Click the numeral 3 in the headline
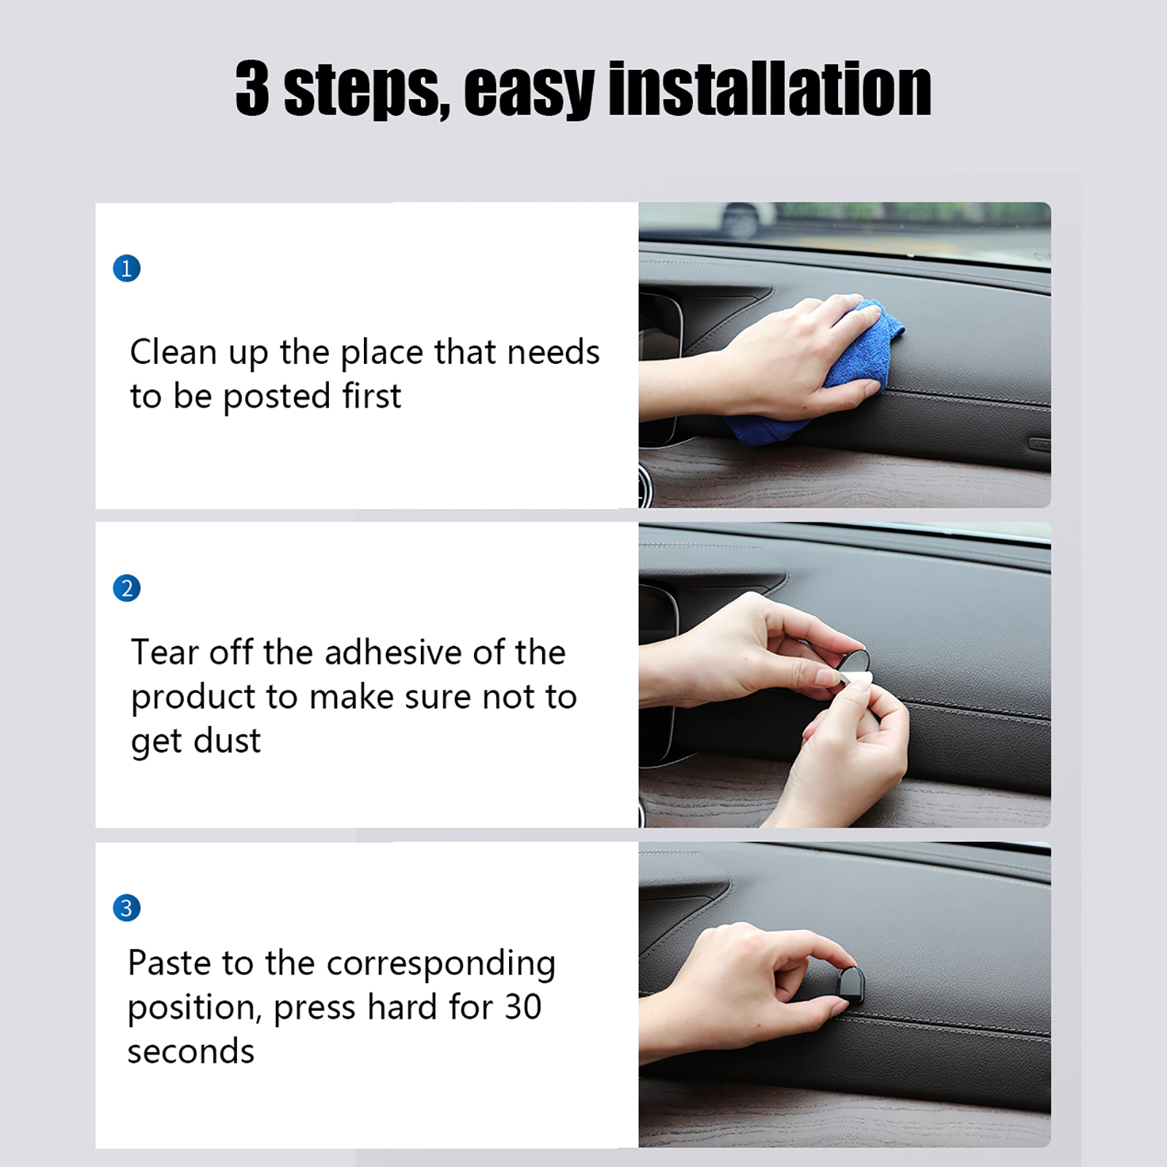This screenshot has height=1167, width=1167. pos(252,88)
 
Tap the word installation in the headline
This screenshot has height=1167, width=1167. pos(769,88)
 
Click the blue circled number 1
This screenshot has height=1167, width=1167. pos(126,268)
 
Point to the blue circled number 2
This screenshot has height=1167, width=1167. pos(126,588)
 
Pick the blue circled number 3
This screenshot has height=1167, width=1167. pos(126,907)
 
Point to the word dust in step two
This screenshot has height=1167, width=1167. pos(227,741)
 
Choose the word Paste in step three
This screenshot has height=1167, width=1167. pos(171,963)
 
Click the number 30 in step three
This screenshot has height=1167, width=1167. pos(523,1007)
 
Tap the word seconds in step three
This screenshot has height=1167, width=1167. pos(191,1052)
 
